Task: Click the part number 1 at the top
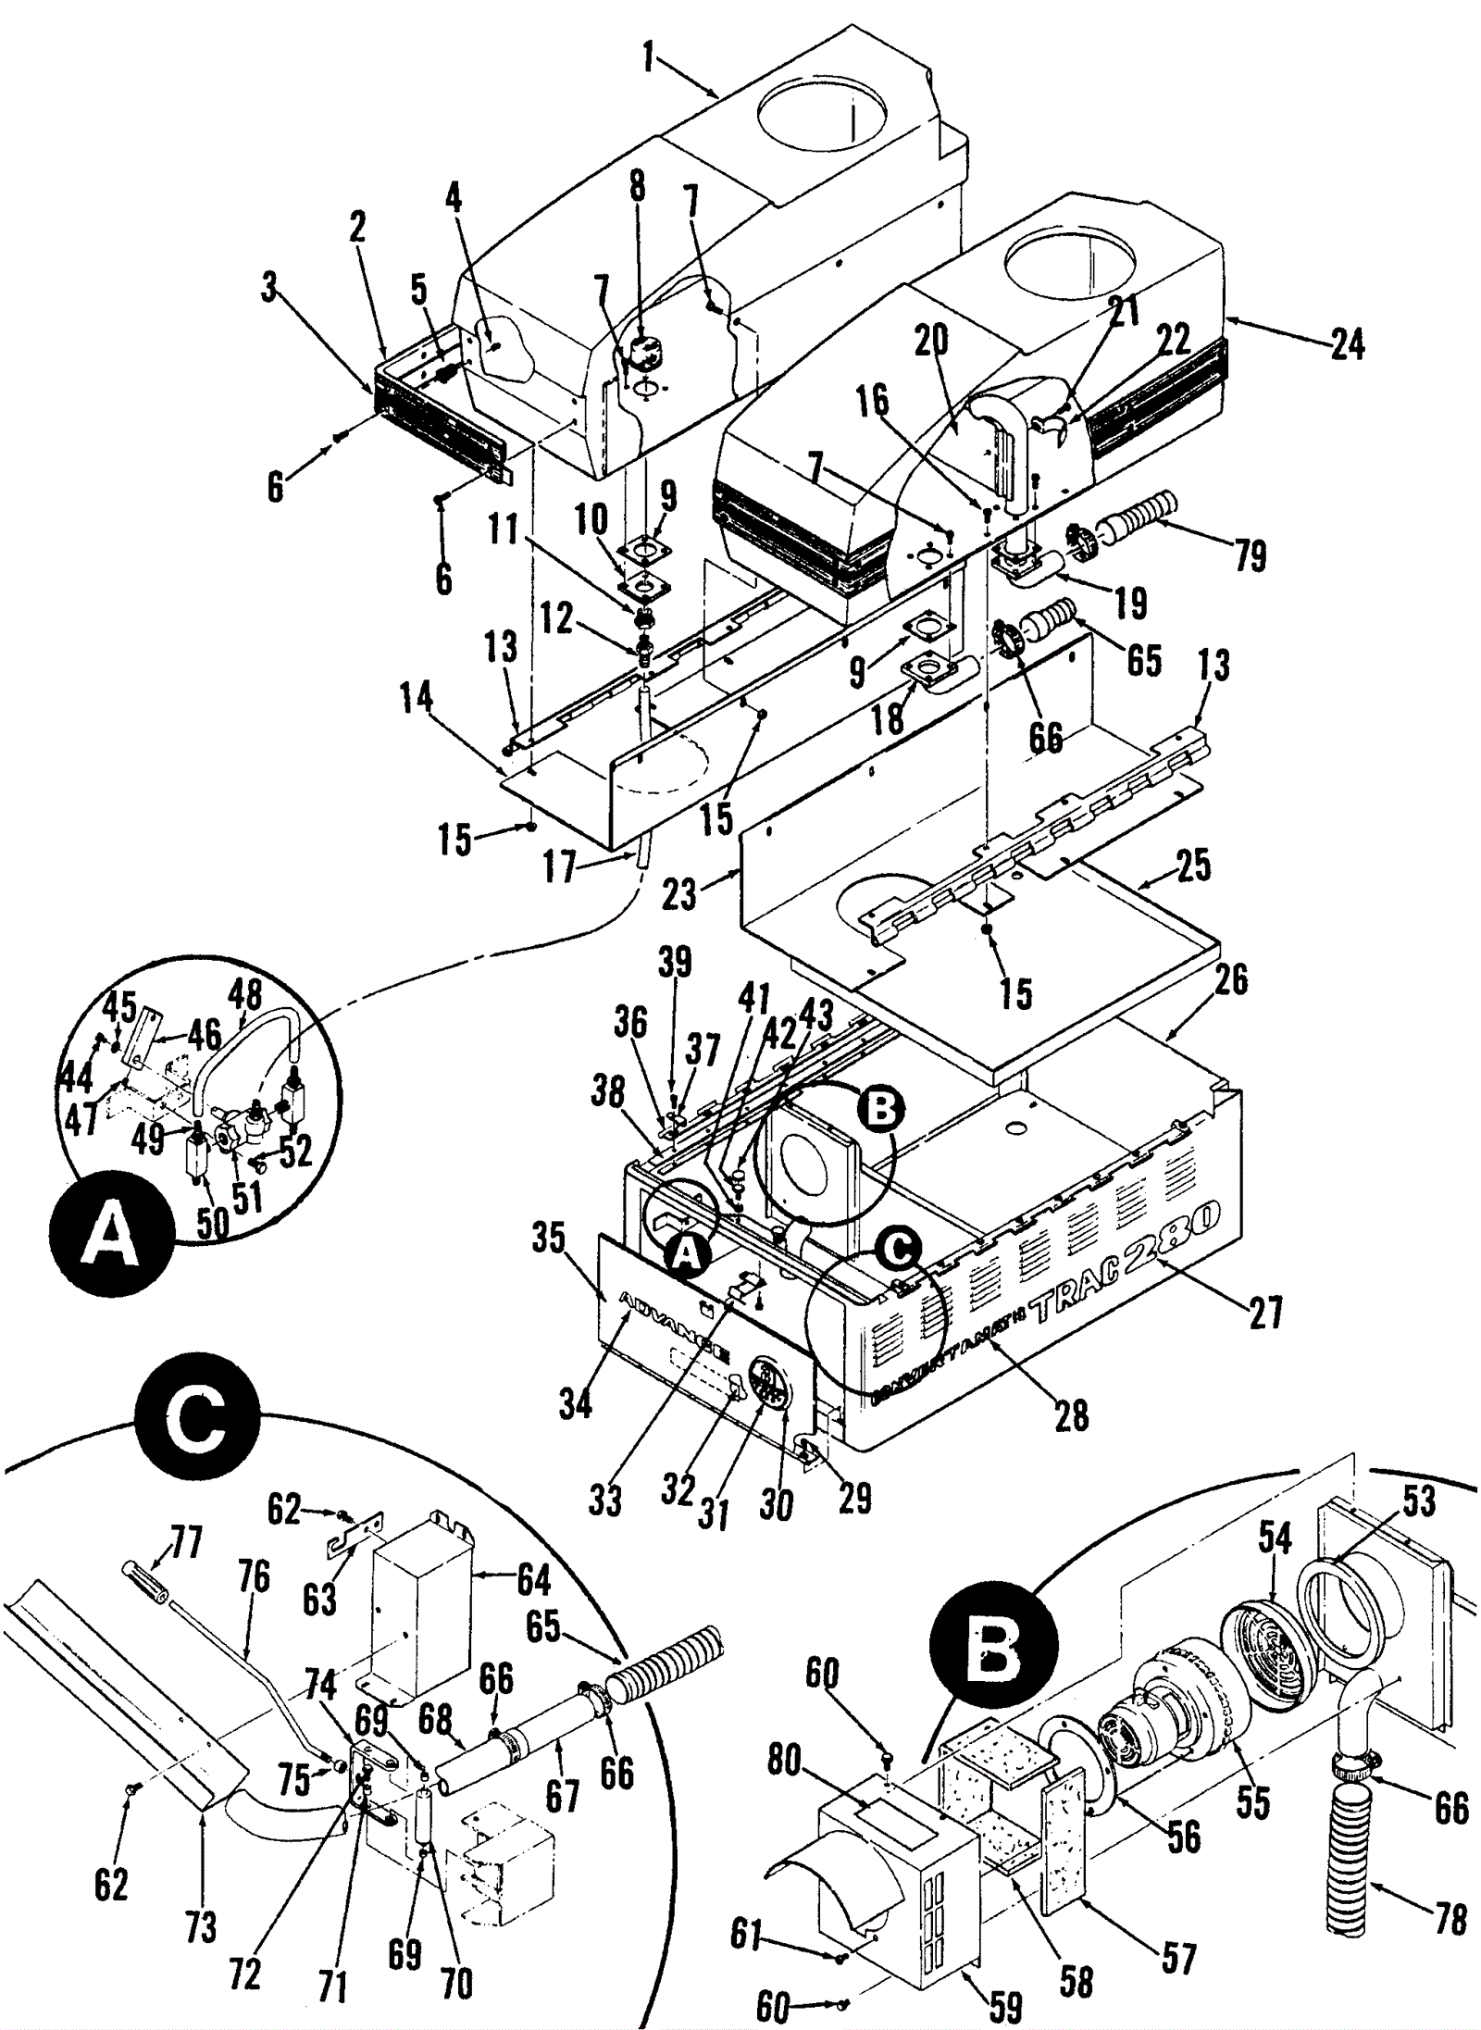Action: [x=649, y=61]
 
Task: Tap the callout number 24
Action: [x=1347, y=344]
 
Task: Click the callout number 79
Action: [x=1250, y=555]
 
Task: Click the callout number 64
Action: [x=533, y=1579]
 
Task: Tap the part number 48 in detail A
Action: [x=245, y=998]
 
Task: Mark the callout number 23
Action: [x=680, y=893]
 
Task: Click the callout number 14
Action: [x=417, y=699]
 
